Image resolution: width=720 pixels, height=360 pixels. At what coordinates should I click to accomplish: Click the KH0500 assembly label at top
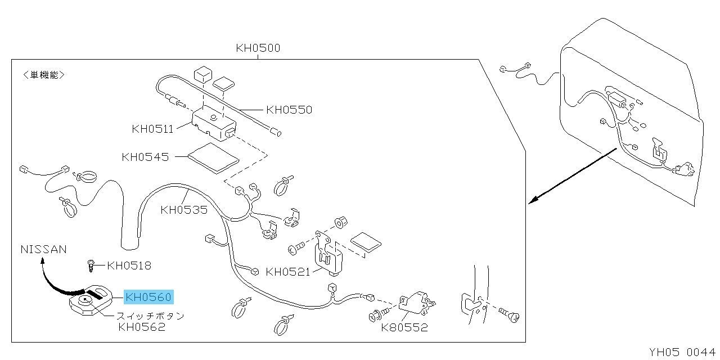pos(258,48)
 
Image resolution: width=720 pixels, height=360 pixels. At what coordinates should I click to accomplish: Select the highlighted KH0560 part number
pos(149,296)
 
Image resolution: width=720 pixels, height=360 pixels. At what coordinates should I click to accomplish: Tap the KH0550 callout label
pos(289,110)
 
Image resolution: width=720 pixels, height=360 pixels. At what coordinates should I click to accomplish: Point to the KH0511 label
pos(152,129)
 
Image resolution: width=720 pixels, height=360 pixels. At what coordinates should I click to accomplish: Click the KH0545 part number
pos(145,157)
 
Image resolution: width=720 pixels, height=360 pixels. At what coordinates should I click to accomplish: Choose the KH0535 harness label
pos(184,210)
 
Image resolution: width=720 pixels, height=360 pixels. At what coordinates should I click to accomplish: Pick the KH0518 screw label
pos(129,265)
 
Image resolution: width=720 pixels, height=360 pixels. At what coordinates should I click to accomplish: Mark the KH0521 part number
pos(287,272)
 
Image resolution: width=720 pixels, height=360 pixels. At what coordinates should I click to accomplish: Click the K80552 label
pos(404,327)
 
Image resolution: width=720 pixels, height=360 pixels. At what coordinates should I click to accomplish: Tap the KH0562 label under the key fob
pos(142,327)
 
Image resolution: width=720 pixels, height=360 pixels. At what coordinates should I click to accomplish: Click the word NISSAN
pos(43,249)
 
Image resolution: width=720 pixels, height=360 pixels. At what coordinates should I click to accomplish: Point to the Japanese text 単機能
pos(44,75)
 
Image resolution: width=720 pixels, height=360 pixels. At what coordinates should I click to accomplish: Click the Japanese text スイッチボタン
pos(150,316)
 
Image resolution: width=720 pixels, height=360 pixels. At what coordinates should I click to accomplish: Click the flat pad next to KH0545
pos(213,158)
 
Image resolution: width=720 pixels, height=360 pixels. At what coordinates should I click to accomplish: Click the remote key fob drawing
pos(91,301)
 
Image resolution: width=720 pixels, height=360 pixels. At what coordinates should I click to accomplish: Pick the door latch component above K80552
pos(417,303)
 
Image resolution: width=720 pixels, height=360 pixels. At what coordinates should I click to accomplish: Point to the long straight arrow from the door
pos(573,175)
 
